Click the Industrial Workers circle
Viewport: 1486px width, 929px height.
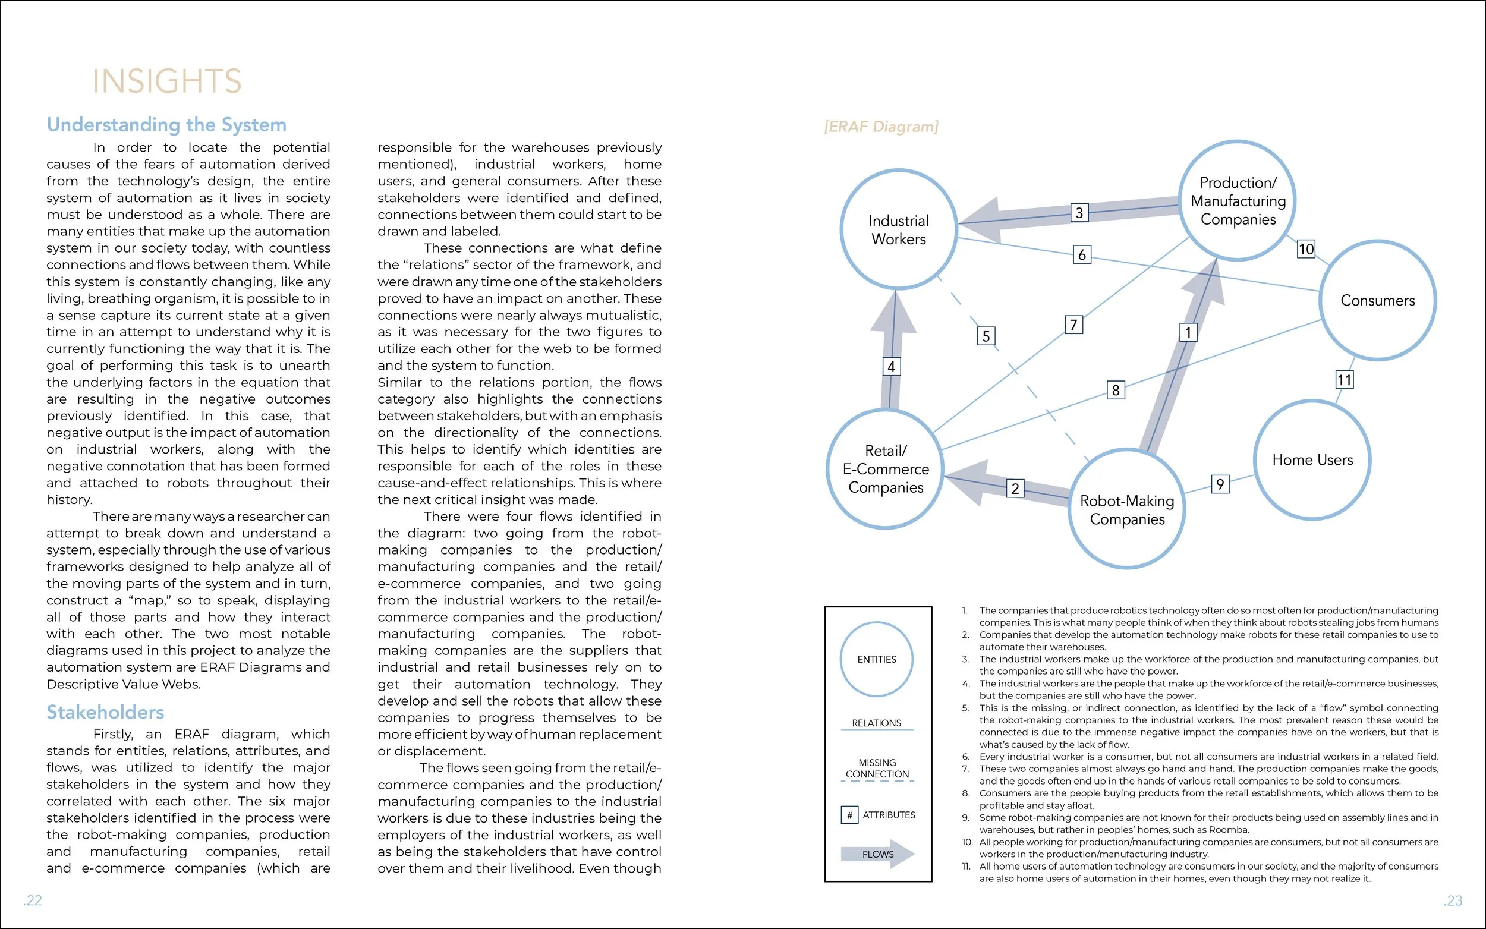click(x=898, y=229)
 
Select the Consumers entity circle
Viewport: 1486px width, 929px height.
click(x=1377, y=300)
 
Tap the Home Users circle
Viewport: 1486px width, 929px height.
click(x=1312, y=459)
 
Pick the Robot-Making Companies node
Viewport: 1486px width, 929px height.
click(x=1126, y=509)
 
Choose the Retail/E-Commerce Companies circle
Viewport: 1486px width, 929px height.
click(x=885, y=468)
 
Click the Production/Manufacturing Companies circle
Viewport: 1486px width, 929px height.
click(x=1238, y=200)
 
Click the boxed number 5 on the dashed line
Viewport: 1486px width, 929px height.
click(x=986, y=335)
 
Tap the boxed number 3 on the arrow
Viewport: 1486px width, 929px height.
click(x=1079, y=213)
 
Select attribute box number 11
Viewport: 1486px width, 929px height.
click(x=1344, y=380)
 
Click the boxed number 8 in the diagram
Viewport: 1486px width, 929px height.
click(x=1116, y=390)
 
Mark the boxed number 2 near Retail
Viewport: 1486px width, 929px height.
click(x=1015, y=489)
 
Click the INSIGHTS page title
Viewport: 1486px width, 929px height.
click(x=166, y=81)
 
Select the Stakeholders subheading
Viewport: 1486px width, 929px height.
click(x=105, y=712)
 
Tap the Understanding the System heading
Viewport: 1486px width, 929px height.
click(x=166, y=125)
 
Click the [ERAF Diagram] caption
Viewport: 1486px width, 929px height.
click(x=881, y=127)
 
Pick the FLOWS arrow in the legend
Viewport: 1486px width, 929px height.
click(x=878, y=854)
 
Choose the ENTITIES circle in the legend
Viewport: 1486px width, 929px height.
click(x=877, y=659)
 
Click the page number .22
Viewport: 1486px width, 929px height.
click(x=33, y=900)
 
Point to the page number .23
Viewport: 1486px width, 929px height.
click(x=1453, y=900)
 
